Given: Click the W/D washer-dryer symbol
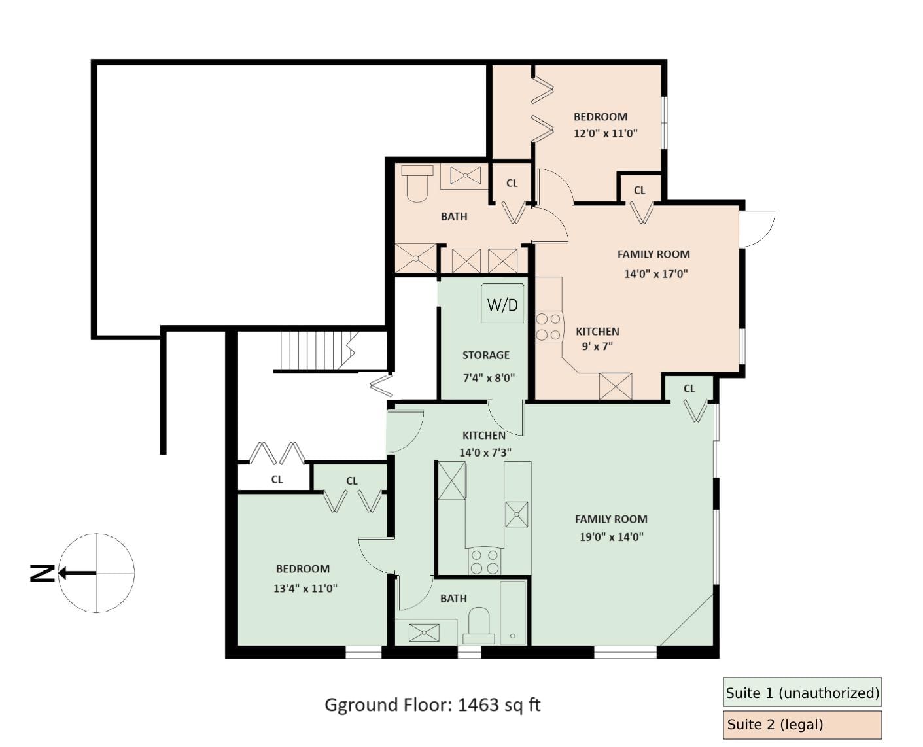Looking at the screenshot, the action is [x=502, y=303].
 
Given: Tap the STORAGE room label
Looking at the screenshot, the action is [x=486, y=355].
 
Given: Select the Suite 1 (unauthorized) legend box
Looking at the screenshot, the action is [x=802, y=692].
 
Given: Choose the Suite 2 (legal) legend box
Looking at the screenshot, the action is [x=802, y=725].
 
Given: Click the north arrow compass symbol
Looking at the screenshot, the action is [x=96, y=573].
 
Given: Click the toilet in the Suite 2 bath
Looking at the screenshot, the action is [x=417, y=184].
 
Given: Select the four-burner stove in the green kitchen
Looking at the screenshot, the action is [x=485, y=561].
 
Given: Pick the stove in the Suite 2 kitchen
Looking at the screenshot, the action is [x=548, y=327].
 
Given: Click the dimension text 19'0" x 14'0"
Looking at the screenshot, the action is [x=612, y=537].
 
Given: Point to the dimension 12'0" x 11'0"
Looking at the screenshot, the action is [x=605, y=133].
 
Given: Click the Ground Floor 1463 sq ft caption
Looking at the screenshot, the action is [x=432, y=705].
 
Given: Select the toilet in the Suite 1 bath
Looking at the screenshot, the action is [x=479, y=626].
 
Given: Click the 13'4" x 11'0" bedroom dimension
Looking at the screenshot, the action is [x=305, y=589].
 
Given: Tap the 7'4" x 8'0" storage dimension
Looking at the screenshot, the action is [x=489, y=378].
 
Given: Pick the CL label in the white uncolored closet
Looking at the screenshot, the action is [x=277, y=479].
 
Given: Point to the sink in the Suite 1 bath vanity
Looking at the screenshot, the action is [x=424, y=633].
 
